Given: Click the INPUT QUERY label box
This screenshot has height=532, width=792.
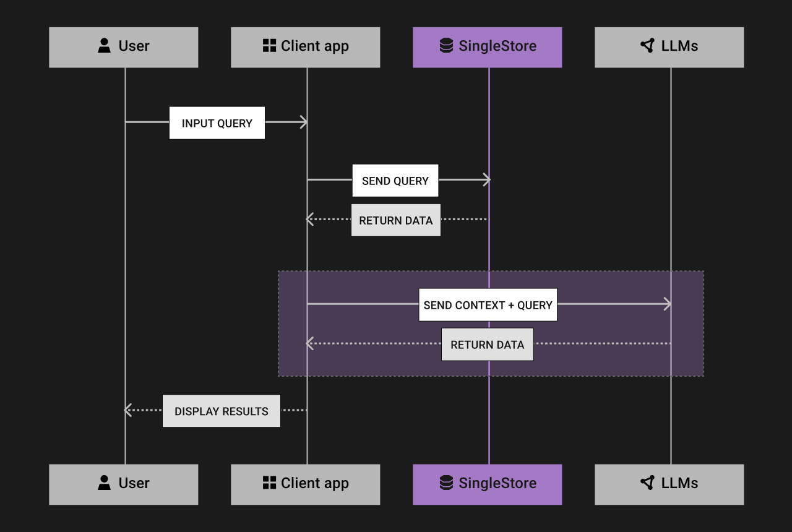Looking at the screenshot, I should [217, 123].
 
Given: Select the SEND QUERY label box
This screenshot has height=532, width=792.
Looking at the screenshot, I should [395, 181].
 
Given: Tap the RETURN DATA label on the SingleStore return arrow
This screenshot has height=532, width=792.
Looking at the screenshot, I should [396, 220].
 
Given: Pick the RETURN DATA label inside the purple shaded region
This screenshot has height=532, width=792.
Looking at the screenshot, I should [487, 345].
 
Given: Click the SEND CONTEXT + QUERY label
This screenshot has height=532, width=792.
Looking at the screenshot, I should [488, 304].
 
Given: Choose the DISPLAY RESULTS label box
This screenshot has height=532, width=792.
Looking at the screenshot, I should [222, 411].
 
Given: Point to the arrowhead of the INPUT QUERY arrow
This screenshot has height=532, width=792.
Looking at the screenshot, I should [304, 122].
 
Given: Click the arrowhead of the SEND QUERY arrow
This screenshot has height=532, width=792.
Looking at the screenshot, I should [487, 180].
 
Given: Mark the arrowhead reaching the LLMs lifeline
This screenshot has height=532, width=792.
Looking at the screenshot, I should [668, 304].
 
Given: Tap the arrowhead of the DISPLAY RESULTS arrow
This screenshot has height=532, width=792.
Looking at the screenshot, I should [128, 410].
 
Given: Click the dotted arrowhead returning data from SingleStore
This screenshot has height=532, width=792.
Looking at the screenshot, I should [310, 219].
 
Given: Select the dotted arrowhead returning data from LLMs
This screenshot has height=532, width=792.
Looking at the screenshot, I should [310, 343].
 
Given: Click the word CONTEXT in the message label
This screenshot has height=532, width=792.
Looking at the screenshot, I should [480, 305].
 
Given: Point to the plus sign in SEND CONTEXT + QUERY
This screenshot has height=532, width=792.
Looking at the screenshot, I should [511, 305].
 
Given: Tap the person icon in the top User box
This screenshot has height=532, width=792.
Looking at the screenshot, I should [104, 45].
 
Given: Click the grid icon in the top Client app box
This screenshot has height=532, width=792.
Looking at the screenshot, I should [269, 45].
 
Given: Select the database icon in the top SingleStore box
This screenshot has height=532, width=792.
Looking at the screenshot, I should [446, 45].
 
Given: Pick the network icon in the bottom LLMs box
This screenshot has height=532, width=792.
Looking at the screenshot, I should [648, 483].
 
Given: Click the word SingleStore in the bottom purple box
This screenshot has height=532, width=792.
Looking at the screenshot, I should [497, 483].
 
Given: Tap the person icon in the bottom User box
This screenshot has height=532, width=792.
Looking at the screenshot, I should [104, 483].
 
